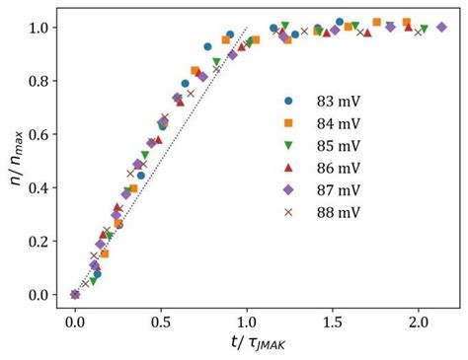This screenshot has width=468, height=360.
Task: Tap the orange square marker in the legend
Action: click(x=288, y=122)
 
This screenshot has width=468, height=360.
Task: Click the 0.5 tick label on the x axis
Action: click(x=161, y=322)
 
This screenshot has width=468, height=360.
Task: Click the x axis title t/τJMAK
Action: click(x=246, y=344)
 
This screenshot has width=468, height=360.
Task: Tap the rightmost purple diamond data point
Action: click(x=442, y=28)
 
